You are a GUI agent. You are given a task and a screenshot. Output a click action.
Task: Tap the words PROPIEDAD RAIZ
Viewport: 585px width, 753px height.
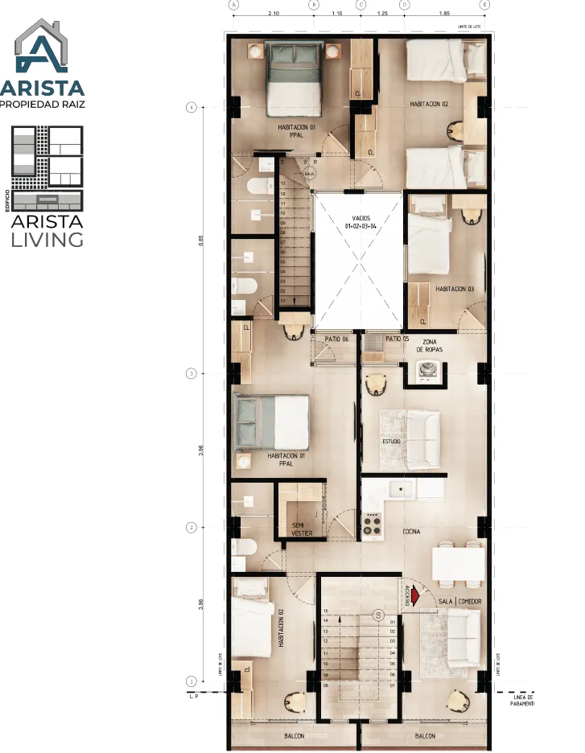pyautogui.click(x=42, y=104)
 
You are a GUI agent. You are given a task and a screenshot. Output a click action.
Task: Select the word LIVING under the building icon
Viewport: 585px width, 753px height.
pyautogui.click(x=47, y=239)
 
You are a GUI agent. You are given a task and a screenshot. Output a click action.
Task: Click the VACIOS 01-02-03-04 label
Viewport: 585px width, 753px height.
pyautogui.click(x=357, y=223)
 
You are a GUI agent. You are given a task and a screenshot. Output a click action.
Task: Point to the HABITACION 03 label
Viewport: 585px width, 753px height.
pyautogui.click(x=455, y=288)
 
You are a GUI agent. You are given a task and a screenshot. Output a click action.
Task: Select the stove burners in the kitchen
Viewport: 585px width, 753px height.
pyautogui.click(x=372, y=524)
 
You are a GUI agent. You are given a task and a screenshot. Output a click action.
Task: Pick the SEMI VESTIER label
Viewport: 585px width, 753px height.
pyautogui.click(x=302, y=529)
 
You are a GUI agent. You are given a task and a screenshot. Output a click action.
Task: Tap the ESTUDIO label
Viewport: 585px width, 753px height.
pyautogui.click(x=392, y=442)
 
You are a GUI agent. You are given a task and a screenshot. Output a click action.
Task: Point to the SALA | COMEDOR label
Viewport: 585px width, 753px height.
pyautogui.click(x=459, y=602)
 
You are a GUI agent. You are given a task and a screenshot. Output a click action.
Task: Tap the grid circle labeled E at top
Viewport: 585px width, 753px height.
pyautogui.click(x=484, y=4)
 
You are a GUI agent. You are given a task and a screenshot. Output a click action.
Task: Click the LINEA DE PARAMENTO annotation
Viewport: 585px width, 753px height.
pyautogui.click(x=524, y=700)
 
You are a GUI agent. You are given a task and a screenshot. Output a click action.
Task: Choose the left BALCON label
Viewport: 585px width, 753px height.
pyautogui.click(x=295, y=736)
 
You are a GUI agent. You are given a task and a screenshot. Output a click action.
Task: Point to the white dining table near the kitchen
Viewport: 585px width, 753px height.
pyautogui.click(x=459, y=562)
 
